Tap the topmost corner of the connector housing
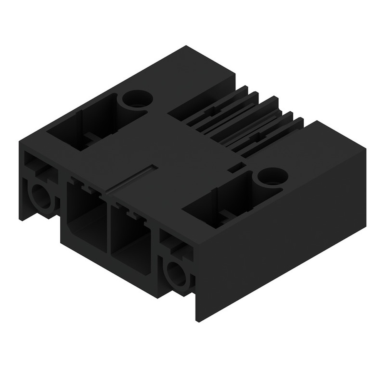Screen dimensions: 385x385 (x=187, y=46)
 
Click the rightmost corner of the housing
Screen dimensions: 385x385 (x=365, y=151)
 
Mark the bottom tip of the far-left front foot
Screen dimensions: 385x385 (x=22, y=219)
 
